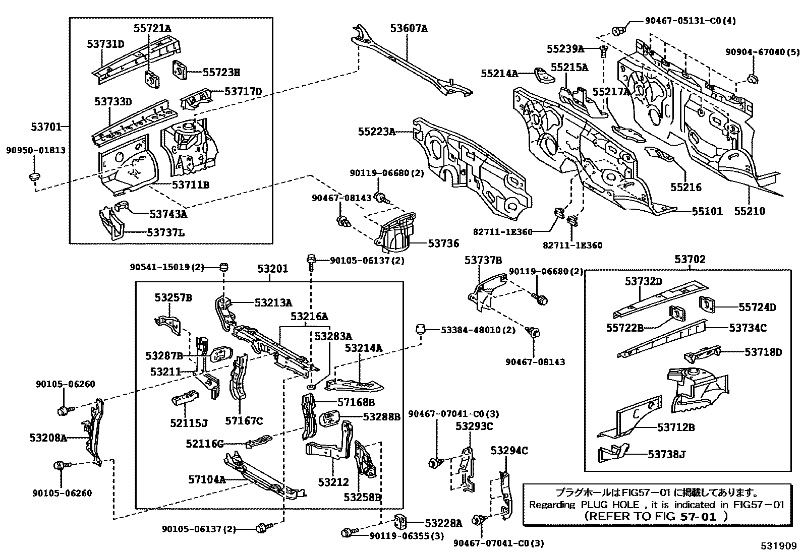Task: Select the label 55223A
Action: [376, 132]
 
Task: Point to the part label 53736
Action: [443, 243]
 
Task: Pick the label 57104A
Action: [207, 479]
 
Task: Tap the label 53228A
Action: [443, 523]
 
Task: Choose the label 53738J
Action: [666, 455]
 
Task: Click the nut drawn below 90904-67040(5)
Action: [752, 79]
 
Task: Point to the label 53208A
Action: [48, 438]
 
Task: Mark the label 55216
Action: [685, 188]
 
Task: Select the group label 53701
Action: [46, 127]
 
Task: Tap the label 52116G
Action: [204, 444]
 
